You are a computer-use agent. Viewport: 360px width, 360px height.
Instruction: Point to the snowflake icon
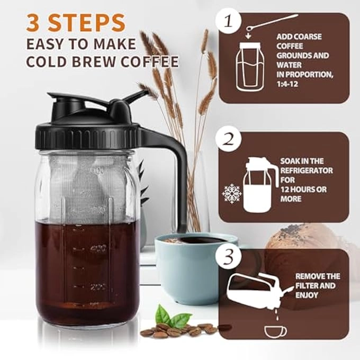point(231,194)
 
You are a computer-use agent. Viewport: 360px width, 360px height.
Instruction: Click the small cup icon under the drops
point(275,331)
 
